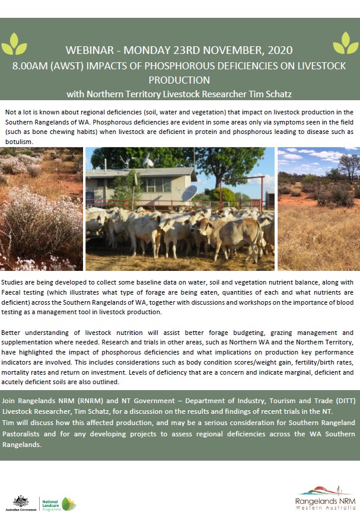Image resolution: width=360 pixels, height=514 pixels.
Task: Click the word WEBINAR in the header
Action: click(89, 51)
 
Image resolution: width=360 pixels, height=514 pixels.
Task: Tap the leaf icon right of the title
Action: click(345, 43)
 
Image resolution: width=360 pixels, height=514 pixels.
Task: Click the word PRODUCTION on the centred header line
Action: click(179, 79)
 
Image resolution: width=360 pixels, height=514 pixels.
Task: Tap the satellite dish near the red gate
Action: click(189, 193)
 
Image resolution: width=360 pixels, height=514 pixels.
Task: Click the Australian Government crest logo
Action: click(21, 500)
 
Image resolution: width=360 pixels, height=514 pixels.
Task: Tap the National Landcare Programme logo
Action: click(58, 503)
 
